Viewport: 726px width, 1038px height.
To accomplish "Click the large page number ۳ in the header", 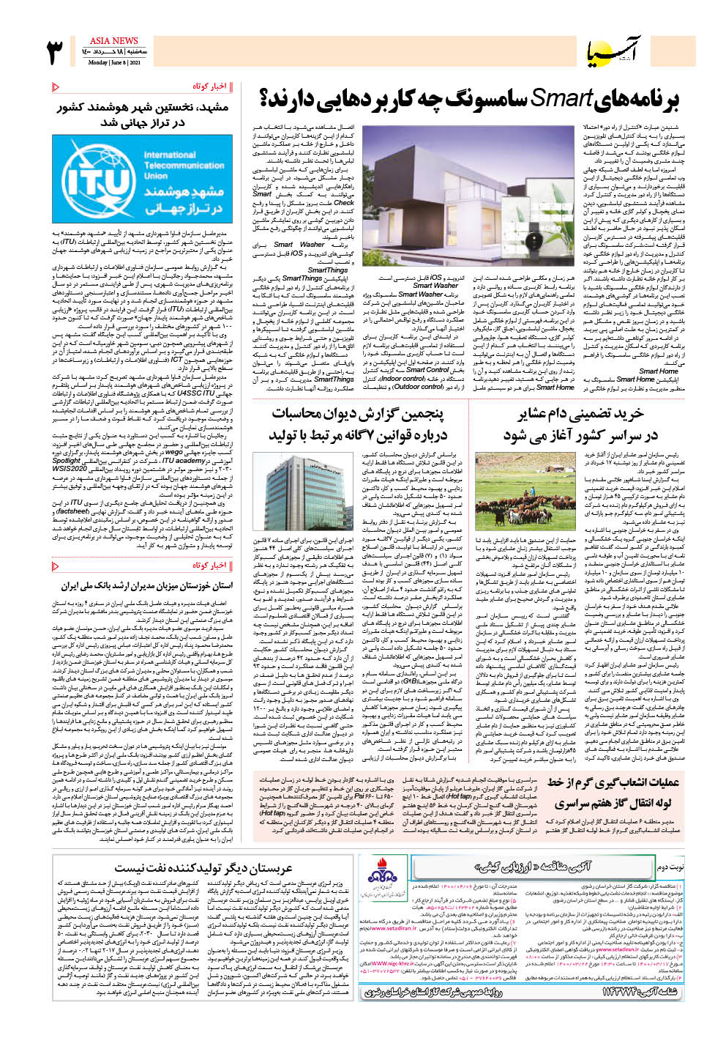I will (56, 53).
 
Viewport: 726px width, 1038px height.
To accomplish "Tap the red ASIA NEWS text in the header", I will (113, 41).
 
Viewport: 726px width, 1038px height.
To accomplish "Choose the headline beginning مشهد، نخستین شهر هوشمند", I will (143, 114).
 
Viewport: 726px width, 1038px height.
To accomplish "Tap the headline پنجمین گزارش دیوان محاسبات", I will (357, 425).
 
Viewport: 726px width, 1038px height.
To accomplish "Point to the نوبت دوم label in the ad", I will (669, 867).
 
